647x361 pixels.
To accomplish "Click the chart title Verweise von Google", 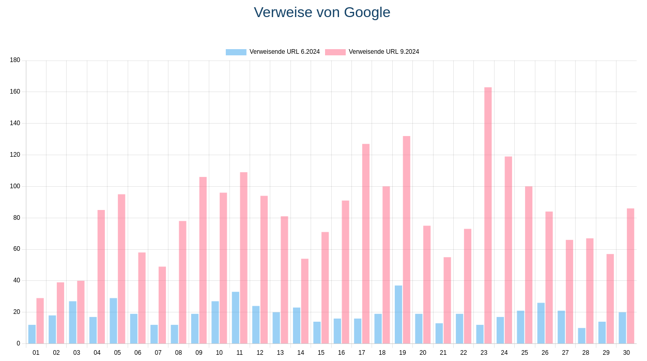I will (322, 12).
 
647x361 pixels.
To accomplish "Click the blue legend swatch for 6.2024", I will (236, 52).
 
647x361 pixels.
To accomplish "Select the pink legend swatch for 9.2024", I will (335, 52).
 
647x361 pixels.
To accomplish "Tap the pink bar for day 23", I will (488, 215).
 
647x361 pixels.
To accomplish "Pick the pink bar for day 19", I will (407, 239).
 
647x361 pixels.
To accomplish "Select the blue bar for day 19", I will (398, 314).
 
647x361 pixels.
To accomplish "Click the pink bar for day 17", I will (366, 244).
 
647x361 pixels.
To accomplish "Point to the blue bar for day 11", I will (236, 318).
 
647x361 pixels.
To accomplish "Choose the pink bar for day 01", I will (40, 321).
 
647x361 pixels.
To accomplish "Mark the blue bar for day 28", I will (582, 336).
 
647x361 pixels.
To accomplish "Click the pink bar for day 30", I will (630, 276).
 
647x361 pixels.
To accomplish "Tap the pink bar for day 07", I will (162, 305).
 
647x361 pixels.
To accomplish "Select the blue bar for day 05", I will (113, 321).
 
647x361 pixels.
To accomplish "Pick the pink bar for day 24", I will (509, 250).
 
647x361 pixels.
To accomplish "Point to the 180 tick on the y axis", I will (15, 61).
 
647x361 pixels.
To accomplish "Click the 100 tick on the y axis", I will (15, 186).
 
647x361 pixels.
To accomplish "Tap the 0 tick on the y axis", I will (18, 343).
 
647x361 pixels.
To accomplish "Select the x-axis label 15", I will (321, 353).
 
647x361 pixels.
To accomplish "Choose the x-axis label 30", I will (626, 353).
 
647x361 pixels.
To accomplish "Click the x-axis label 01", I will (36, 353).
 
